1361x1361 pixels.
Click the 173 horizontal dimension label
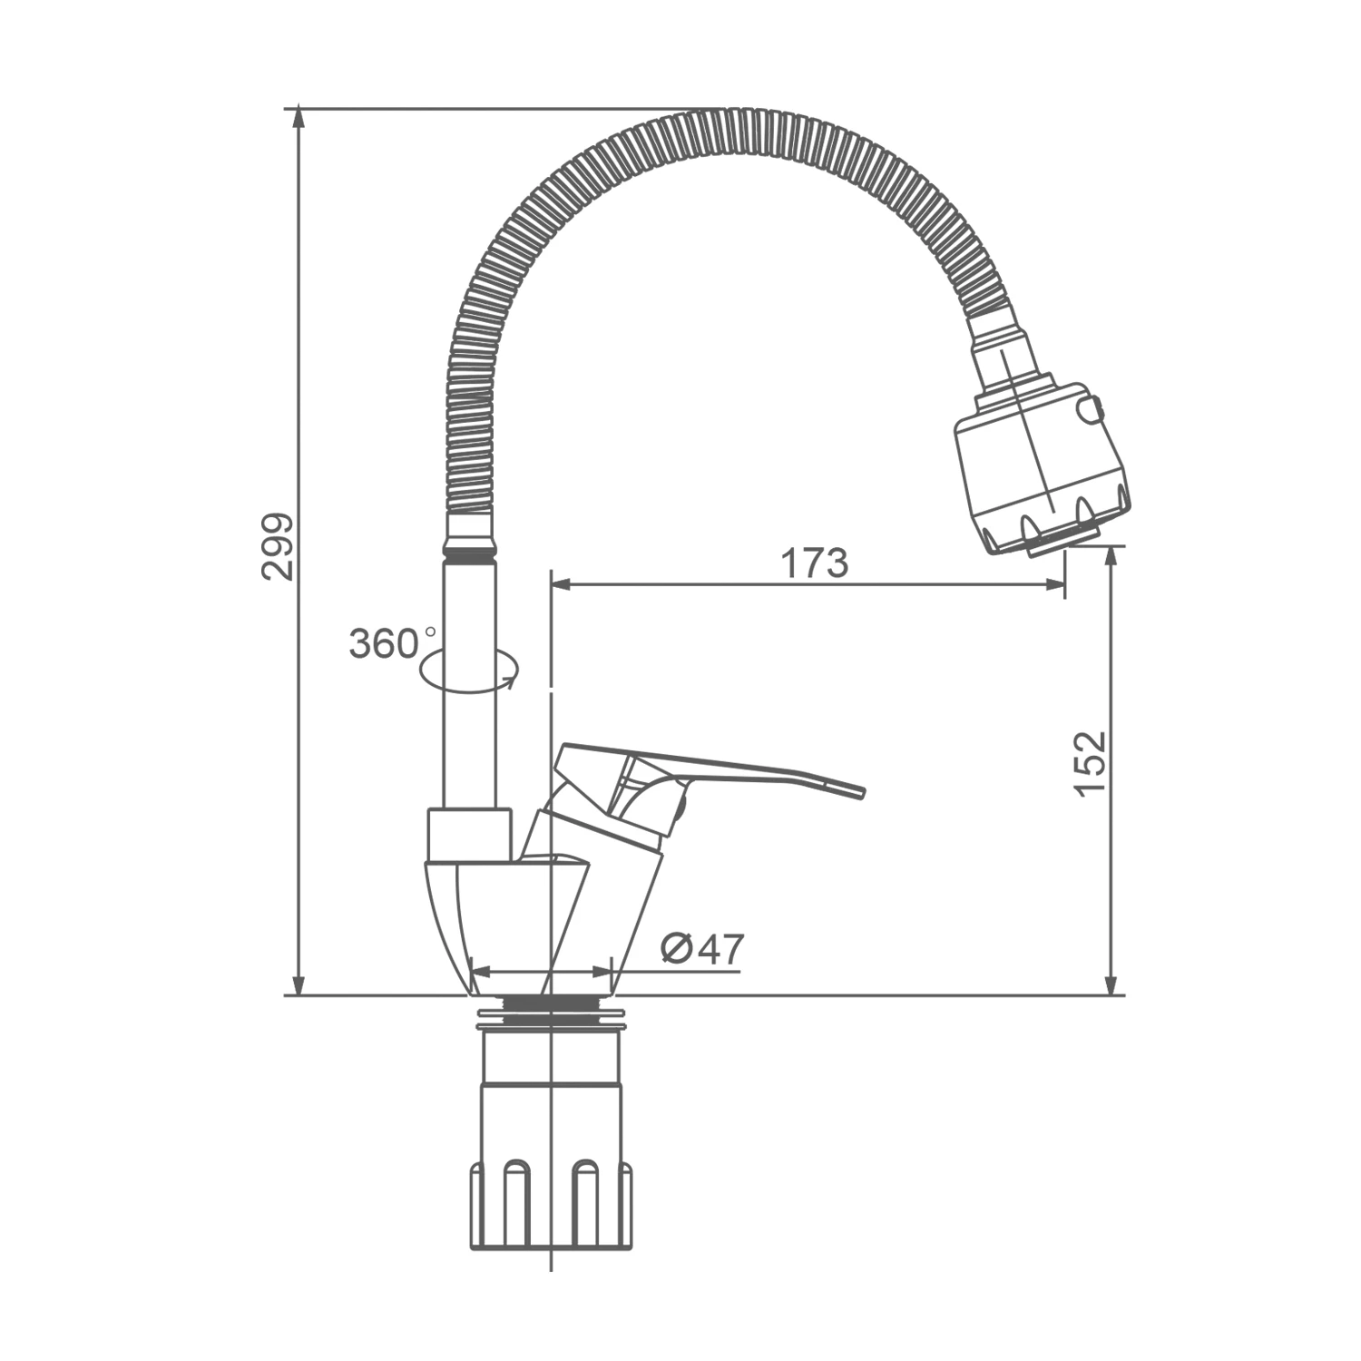[x=814, y=563]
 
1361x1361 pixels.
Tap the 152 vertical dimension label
[x=1090, y=763]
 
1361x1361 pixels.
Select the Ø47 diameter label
[x=702, y=949]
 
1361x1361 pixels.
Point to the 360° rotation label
[x=392, y=643]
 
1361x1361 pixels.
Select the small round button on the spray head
[x=1090, y=410]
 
